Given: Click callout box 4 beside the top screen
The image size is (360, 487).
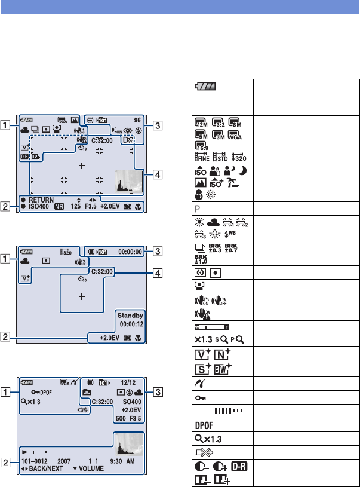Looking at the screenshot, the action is [x=156, y=175].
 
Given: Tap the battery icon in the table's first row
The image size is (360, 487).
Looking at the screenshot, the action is [x=205, y=86].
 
